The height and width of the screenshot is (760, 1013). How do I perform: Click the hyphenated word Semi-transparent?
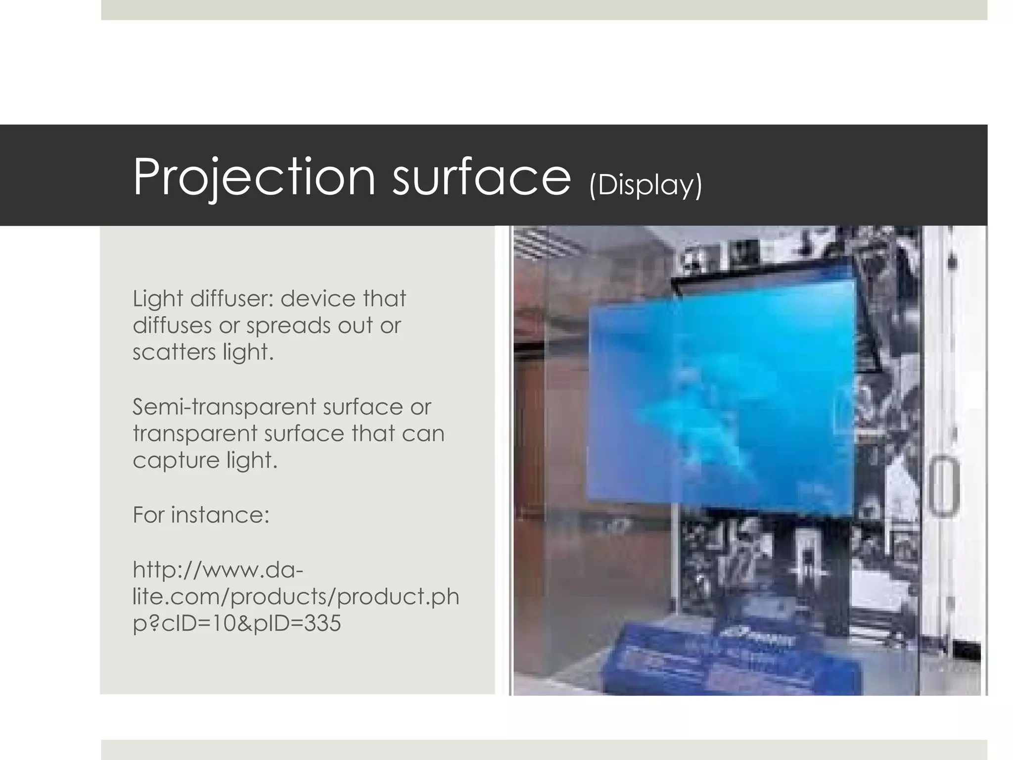point(226,407)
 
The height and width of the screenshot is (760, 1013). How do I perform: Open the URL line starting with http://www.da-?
point(218,570)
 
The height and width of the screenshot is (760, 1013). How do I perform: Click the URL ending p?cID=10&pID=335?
point(237,623)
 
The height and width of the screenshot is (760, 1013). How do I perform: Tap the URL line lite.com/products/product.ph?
point(296,596)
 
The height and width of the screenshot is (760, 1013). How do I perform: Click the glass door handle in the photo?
point(943,487)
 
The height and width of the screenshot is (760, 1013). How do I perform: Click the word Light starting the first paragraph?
point(158,298)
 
